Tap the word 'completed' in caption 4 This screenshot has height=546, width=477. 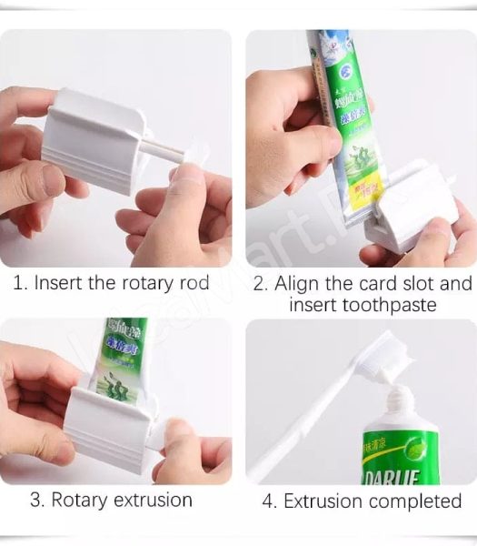tap(415, 500)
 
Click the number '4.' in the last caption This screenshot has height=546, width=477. tap(270, 500)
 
